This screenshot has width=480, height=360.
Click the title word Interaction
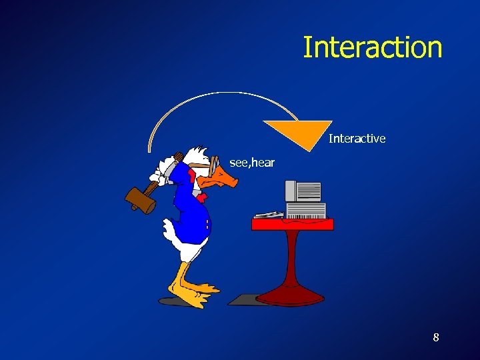coord(373,47)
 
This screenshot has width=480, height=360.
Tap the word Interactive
coord(357,139)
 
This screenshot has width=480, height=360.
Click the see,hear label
coord(252,162)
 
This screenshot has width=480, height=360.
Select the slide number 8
coord(436,337)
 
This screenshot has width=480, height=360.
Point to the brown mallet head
coord(140,199)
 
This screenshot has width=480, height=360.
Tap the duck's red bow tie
coord(192,176)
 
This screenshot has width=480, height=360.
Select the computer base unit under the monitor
coord(306,210)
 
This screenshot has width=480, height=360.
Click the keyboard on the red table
coord(268,215)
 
